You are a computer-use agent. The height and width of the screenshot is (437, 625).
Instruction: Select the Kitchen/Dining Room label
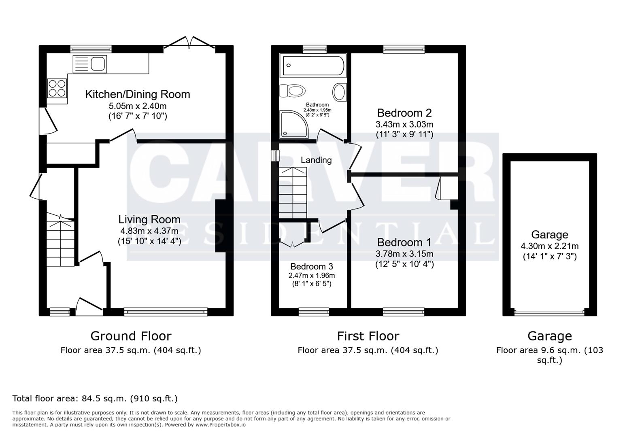137,94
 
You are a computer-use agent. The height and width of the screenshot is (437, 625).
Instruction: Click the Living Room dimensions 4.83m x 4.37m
149,231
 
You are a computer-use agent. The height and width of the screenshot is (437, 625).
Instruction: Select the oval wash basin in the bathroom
339,92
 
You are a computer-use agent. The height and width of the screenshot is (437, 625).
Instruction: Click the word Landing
316,160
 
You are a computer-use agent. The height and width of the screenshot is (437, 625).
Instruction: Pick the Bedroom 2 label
404,112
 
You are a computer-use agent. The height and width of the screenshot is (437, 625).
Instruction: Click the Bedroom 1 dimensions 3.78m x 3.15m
404,254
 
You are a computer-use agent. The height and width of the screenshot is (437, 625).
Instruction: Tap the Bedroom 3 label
311,266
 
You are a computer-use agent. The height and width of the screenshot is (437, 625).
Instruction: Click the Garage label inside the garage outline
549,235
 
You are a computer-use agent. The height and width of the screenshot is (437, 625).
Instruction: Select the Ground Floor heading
131,336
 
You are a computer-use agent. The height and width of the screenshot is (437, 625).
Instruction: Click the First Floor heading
368,336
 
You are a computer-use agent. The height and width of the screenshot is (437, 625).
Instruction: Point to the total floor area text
95,398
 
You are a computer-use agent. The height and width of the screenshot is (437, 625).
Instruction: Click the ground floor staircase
60,243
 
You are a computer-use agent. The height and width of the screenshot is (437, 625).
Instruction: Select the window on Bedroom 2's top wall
404,49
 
